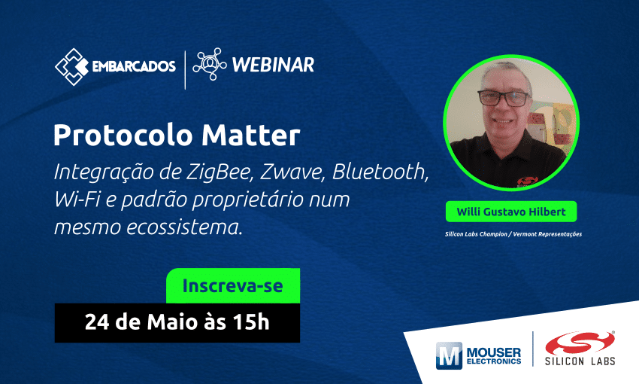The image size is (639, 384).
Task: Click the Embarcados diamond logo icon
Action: pos(71,67)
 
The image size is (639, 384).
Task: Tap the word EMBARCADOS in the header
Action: pos(134,66)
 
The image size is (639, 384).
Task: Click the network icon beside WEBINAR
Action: pos(210,64)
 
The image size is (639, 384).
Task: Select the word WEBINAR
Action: pos(273,65)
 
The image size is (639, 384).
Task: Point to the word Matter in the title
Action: pos(250,136)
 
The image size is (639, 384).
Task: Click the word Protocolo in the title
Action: pos(124,136)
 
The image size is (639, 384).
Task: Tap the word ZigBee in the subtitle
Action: pos(220,172)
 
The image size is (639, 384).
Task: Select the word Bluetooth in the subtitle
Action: pos(380,172)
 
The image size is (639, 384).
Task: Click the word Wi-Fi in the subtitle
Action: pos(77,200)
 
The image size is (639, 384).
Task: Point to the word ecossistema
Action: pos(184,227)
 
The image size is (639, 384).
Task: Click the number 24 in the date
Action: pos(97,322)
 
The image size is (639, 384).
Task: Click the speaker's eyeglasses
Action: pos(504,99)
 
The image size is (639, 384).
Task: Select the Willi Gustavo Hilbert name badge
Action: pos(511,212)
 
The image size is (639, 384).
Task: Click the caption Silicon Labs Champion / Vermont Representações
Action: pos(513,234)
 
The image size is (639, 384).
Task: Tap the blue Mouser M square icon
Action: pos(449,355)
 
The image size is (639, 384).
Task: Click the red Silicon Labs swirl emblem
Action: pos(580,343)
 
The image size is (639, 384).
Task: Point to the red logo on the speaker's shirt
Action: pos(528,181)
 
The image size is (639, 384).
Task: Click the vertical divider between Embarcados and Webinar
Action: pos(186,70)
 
